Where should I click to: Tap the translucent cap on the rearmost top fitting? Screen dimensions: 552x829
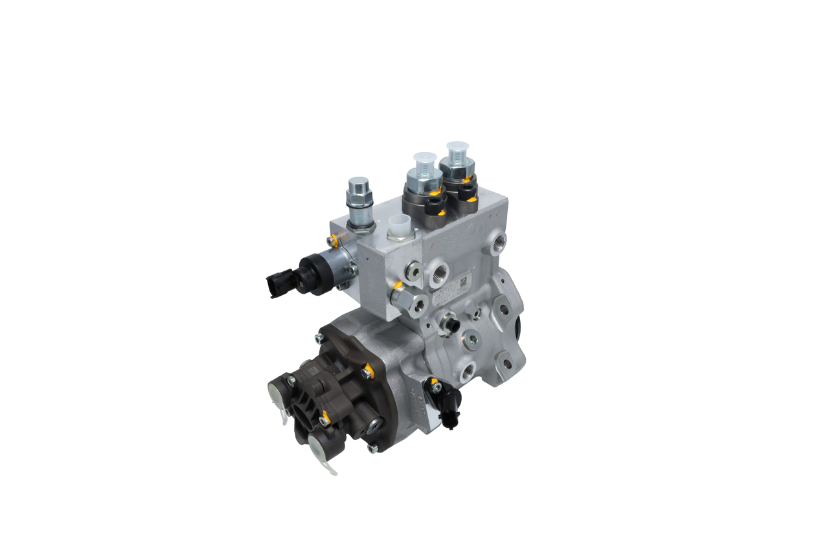click(x=457, y=150)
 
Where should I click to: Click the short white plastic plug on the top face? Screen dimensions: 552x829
click(x=398, y=227)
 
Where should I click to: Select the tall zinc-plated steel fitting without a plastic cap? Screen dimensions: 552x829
click(x=359, y=194)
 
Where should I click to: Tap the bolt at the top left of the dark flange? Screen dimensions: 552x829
click(x=319, y=338)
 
